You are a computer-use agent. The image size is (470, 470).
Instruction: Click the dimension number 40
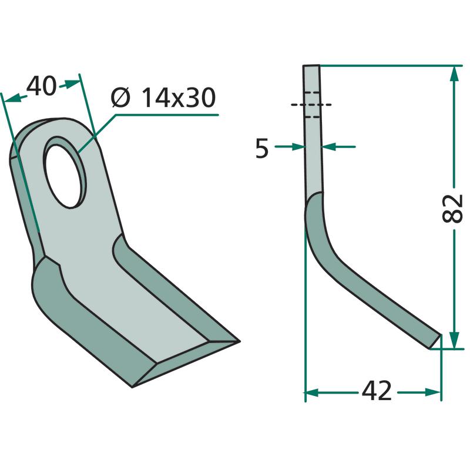41,86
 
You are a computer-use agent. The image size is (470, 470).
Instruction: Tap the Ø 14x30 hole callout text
163,98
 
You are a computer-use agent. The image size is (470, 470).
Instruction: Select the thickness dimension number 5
261,149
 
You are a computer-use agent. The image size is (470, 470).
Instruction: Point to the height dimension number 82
452,209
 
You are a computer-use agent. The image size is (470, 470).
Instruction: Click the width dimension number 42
377,391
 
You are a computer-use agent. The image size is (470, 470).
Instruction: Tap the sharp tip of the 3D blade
239,341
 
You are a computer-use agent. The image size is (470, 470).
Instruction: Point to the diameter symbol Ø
120,98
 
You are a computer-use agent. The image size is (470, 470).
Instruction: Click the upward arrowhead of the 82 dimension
454,74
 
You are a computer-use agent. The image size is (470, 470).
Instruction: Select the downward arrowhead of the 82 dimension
454,340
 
